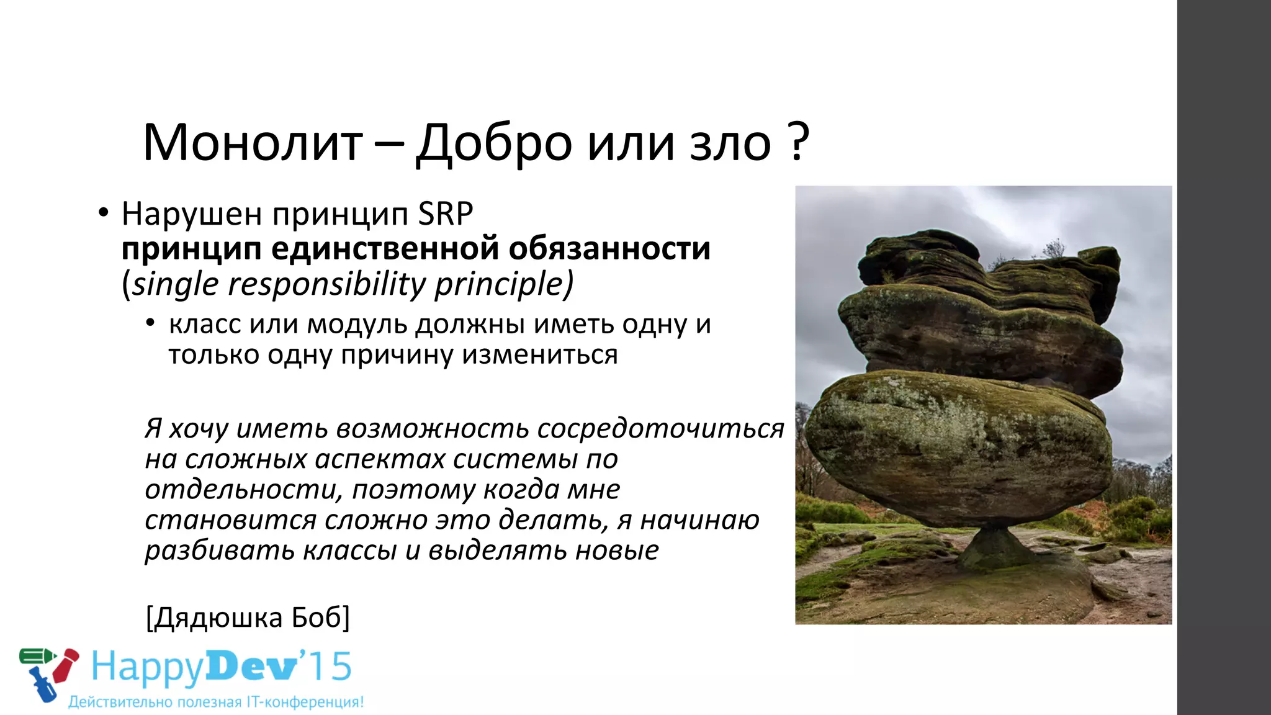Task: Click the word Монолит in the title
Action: (x=253, y=143)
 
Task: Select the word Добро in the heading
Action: (x=493, y=143)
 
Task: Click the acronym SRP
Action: (x=446, y=214)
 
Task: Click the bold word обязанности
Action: (x=609, y=249)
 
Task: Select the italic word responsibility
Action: (x=326, y=284)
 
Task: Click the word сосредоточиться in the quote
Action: (x=660, y=429)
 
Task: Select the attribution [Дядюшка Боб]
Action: (x=248, y=618)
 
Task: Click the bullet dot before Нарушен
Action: (x=104, y=213)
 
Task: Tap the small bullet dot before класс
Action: (x=150, y=323)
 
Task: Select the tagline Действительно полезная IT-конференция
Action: (x=216, y=703)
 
